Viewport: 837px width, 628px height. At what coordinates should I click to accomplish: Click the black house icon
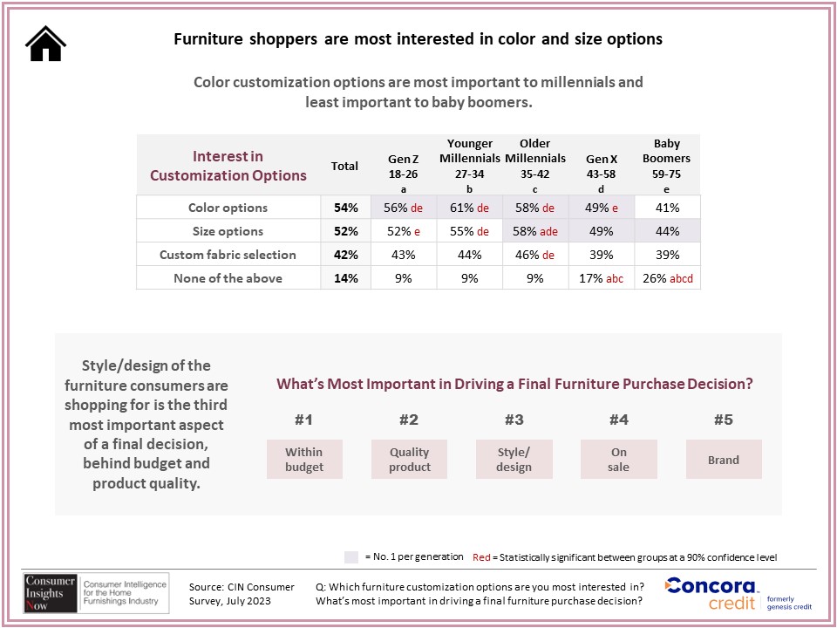45,44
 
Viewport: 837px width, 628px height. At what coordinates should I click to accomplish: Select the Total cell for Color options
345,208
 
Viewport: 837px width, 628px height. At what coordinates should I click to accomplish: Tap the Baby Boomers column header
667,166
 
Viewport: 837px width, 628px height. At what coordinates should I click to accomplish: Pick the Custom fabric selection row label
228,255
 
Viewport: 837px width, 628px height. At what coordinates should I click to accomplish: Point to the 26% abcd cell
667,278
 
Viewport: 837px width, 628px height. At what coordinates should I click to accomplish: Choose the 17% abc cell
602,278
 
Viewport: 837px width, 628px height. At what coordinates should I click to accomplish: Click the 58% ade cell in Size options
535,231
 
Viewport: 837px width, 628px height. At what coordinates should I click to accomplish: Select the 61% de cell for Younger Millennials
470,208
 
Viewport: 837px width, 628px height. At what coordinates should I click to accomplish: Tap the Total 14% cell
345,278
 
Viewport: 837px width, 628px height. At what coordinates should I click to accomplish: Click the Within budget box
304,460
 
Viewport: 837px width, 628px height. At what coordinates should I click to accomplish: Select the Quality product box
410,460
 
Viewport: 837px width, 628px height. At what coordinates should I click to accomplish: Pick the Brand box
724,460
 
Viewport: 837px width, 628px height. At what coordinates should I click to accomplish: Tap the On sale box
619,460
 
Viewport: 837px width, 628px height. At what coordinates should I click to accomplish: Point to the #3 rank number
514,420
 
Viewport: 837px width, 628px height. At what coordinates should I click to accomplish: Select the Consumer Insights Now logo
97,593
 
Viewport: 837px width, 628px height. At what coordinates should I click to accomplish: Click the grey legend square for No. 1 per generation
351,557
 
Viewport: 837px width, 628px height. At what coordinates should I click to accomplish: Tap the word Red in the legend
480,557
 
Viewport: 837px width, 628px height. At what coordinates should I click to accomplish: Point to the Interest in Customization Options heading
228,166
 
